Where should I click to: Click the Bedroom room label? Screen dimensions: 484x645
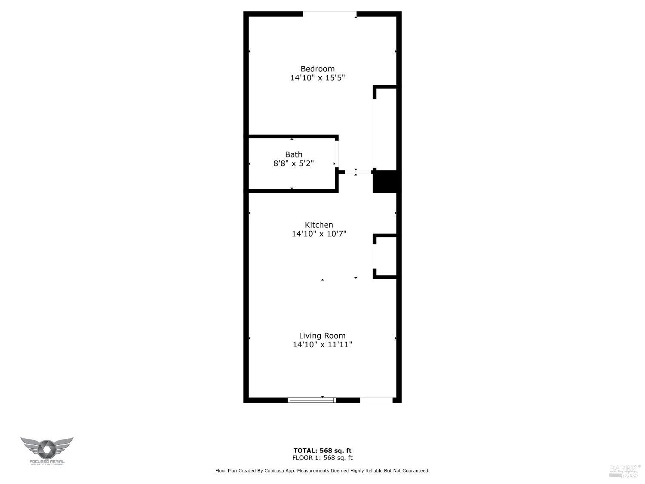(x=317, y=69)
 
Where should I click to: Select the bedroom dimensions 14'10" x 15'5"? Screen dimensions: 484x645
(x=317, y=78)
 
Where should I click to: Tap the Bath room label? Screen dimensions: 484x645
(x=294, y=154)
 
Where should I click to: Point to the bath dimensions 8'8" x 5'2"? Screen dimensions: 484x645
(x=294, y=163)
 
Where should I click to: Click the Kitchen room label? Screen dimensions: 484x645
(x=319, y=225)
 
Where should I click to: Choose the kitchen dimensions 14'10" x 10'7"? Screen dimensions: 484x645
(x=319, y=234)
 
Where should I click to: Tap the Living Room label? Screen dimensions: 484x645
(x=322, y=336)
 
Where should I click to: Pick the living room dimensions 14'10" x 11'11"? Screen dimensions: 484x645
(x=322, y=345)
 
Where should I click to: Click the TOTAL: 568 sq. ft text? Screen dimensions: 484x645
(x=322, y=451)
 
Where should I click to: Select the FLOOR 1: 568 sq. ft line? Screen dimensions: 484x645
(x=322, y=458)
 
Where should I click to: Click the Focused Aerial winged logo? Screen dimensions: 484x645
(x=47, y=450)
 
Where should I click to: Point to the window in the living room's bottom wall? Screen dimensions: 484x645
(x=311, y=400)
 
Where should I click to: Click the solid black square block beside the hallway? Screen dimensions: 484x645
(x=385, y=181)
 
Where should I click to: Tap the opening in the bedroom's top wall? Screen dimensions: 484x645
(x=330, y=14)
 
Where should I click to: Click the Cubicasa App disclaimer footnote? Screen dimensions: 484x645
(x=322, y=471)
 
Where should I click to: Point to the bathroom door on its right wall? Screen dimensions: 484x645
(x=337, y=154)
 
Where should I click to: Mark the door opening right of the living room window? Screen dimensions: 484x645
(x=376, y=400)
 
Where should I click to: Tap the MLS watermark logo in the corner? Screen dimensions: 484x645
(x=625, y=471)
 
